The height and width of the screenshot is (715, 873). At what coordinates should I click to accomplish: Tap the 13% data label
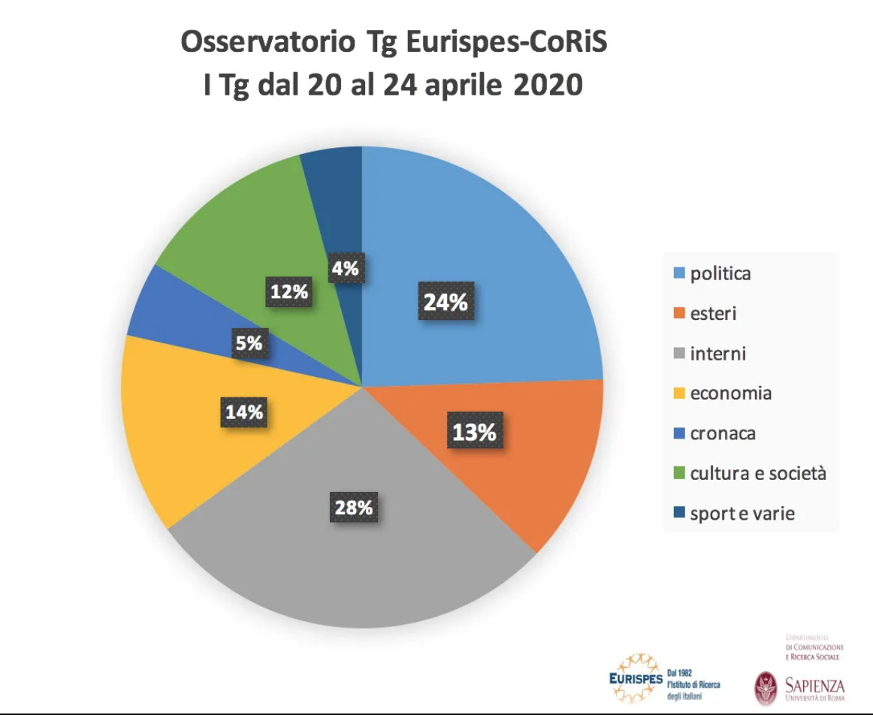pos(474,433)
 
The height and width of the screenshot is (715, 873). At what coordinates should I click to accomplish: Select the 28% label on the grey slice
pos(353,508)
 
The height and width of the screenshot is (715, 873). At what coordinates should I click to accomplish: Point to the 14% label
pos(245,412)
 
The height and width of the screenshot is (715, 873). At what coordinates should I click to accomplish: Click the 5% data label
pos(249,343)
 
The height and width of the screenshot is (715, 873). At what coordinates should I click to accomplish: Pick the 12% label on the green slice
pos(290,291)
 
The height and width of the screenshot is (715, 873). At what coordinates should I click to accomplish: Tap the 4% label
pos(346,267)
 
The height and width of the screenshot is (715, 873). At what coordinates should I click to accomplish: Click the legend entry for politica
pos(719,273)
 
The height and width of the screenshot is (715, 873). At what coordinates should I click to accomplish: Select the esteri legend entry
pos(712,313)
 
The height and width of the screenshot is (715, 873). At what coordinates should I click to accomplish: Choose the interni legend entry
pos(717,353)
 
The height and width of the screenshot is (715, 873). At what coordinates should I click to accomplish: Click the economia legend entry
pos(730,393)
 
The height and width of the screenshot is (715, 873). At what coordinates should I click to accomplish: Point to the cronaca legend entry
pos(722,433)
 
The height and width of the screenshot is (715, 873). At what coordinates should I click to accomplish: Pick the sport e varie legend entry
pos(741,514)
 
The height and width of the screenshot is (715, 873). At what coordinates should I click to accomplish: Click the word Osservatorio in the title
pos(267,43)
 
